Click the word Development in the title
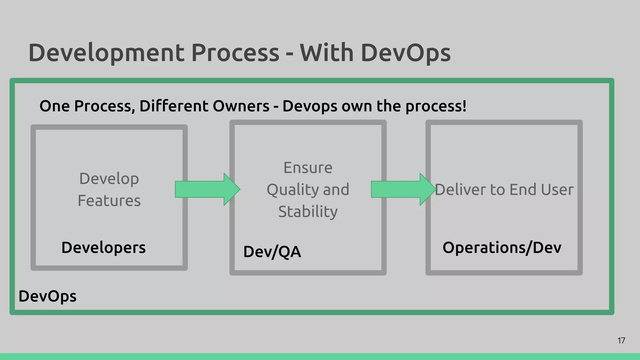(106, 52)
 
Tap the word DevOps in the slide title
(405, 52)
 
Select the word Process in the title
(235, 52)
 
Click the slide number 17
(621, 341)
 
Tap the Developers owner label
(103, 247)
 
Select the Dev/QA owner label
(272, 252)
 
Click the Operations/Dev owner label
(502, 247)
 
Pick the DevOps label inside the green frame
(47, 296)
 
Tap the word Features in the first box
(109, 201)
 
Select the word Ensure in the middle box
(308, 168)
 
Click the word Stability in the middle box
(308, 212)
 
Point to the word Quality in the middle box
(292, 190)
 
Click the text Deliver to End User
(504, 189)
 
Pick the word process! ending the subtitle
(436, 106)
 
